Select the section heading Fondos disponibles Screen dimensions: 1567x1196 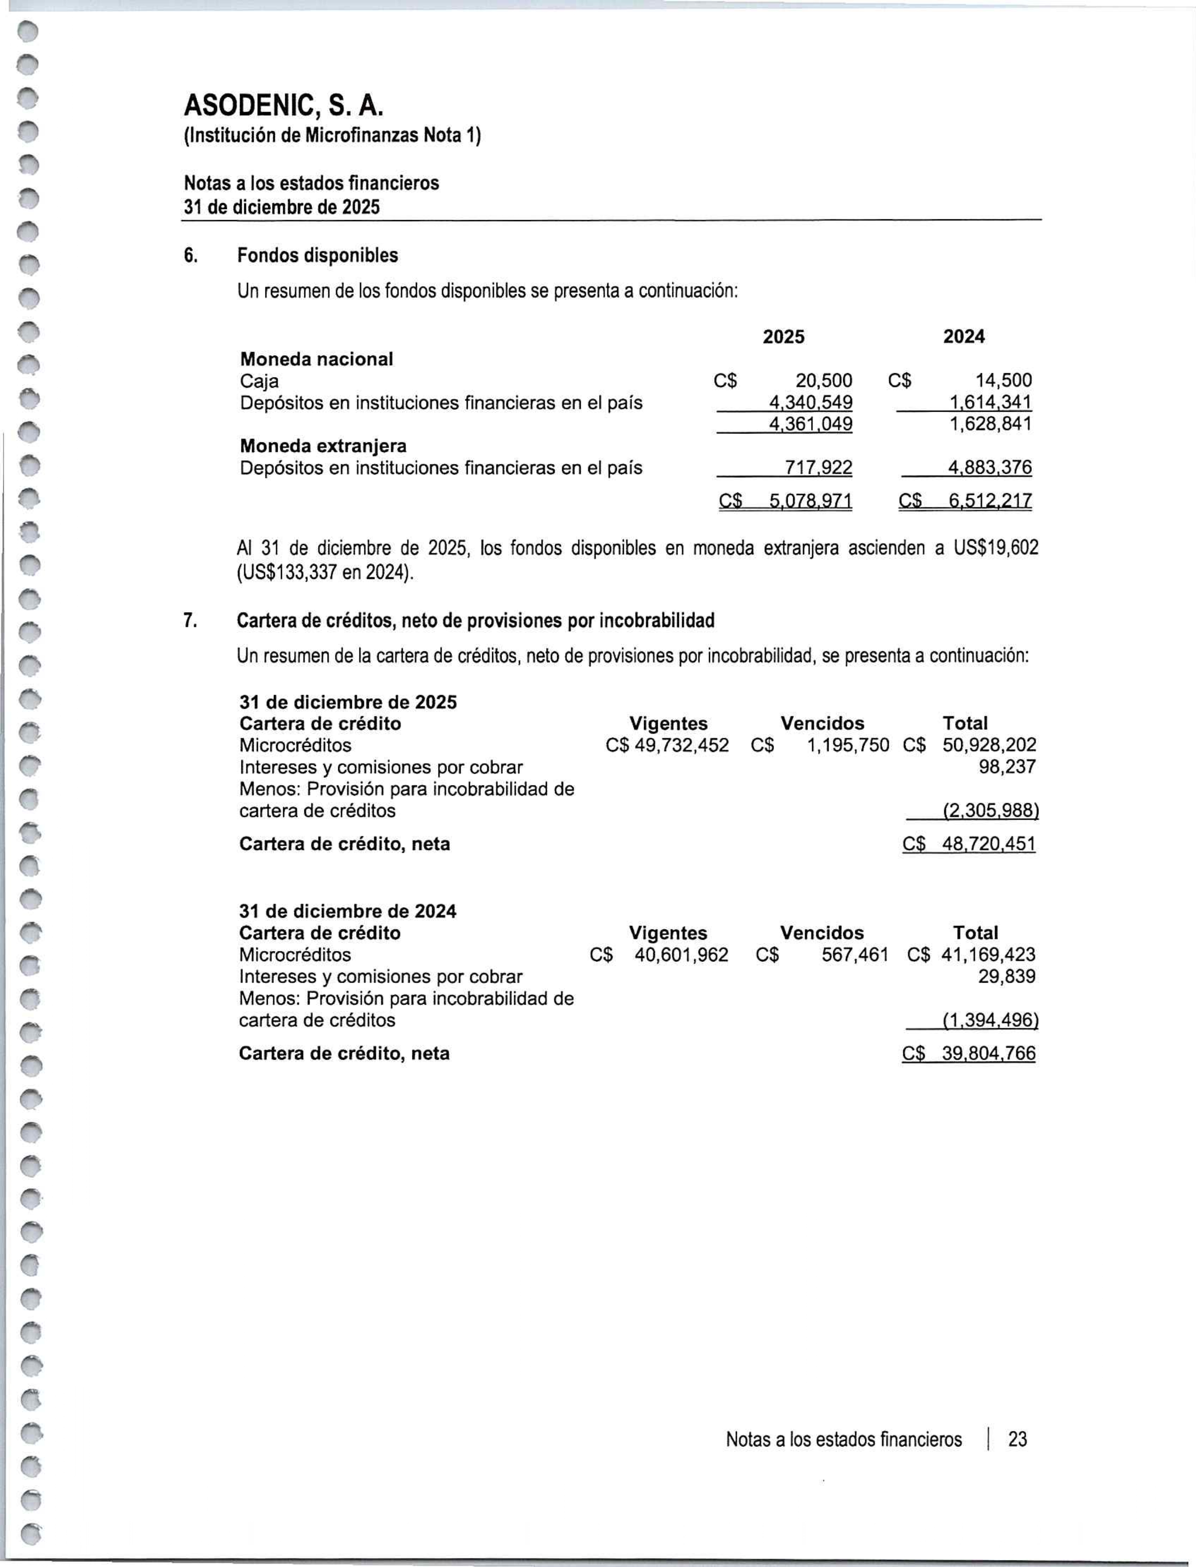click(318, 256)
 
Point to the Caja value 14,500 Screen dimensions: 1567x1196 click(1003, 381)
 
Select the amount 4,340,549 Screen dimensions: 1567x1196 click(810, 403)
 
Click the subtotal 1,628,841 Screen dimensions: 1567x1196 click(990, 424)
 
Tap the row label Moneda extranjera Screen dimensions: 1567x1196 click(323, 447)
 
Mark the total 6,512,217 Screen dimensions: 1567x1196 click(989, 501)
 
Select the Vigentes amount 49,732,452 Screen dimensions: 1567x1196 click(681, 745)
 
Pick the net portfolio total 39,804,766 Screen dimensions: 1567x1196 click(988, 1054)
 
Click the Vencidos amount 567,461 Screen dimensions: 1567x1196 click(854, 955)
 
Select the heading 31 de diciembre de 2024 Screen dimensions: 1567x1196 click(347, 911)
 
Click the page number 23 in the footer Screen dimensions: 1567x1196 click(1017, 1439)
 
